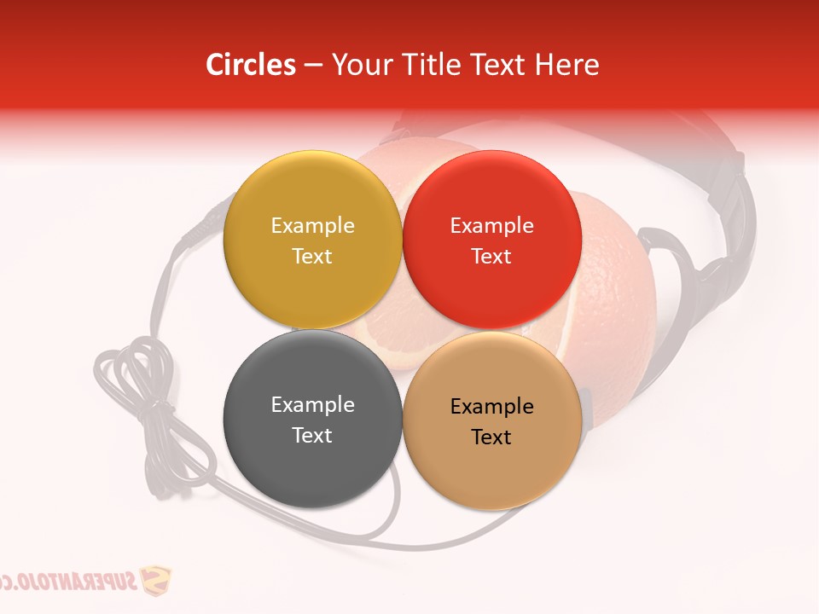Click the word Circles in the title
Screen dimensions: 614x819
point(251,65)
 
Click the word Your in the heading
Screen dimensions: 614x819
point(359,65)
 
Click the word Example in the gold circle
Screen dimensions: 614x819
point(312,225)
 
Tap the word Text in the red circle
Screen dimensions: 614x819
point(491,256)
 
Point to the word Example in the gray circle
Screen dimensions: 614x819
point(312,404)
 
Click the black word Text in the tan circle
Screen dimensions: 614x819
point(491,437)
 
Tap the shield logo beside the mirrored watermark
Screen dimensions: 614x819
point(155,582)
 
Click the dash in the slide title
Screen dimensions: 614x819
point(313,65)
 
